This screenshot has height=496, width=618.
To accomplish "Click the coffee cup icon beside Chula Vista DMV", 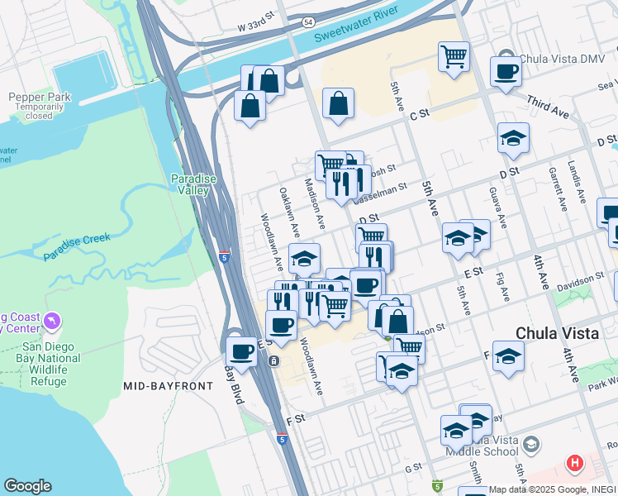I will [x=506, y=71].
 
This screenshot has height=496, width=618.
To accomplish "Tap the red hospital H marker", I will [x=574, y=463].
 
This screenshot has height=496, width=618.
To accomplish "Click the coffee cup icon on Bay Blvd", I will [x=241, y=351].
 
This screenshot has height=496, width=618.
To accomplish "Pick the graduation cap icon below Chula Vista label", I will [x=509, y=355].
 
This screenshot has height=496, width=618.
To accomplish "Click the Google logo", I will [x=27, y=486].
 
